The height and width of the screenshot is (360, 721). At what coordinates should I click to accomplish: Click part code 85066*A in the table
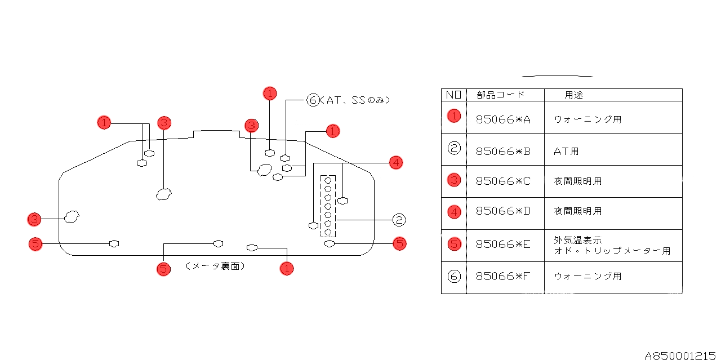[504, 119]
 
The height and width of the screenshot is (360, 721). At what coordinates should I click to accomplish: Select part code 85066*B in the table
[504, 151]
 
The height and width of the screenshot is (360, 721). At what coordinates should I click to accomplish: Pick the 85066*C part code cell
[504, 181]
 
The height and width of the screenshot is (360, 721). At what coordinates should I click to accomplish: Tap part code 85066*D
[504, 211]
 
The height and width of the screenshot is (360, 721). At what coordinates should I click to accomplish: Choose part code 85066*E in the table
[504, 245]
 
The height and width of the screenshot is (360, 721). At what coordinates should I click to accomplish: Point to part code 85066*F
[504, 277]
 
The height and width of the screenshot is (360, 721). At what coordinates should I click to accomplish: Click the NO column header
[453, 95]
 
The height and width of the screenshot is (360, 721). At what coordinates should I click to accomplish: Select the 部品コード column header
[500, 95]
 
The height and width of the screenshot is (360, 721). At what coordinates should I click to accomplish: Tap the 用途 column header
[574, 95]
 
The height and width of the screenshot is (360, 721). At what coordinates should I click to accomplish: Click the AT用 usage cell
[566, 151]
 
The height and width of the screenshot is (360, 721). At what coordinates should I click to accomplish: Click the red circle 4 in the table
[454, 212]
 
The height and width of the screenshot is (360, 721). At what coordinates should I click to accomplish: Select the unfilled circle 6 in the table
[454, 277]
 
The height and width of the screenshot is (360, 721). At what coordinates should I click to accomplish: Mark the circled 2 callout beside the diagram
[398, 220]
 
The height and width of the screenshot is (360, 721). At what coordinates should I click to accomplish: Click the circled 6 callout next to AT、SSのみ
[313, 100]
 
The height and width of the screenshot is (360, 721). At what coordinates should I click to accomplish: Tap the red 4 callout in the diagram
[396, 163]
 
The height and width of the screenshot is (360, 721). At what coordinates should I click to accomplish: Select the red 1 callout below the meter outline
[287, 268]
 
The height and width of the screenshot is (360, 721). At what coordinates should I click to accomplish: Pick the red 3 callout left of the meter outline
[35, 219]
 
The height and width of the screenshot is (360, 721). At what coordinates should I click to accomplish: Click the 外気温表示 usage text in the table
[578, 240]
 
